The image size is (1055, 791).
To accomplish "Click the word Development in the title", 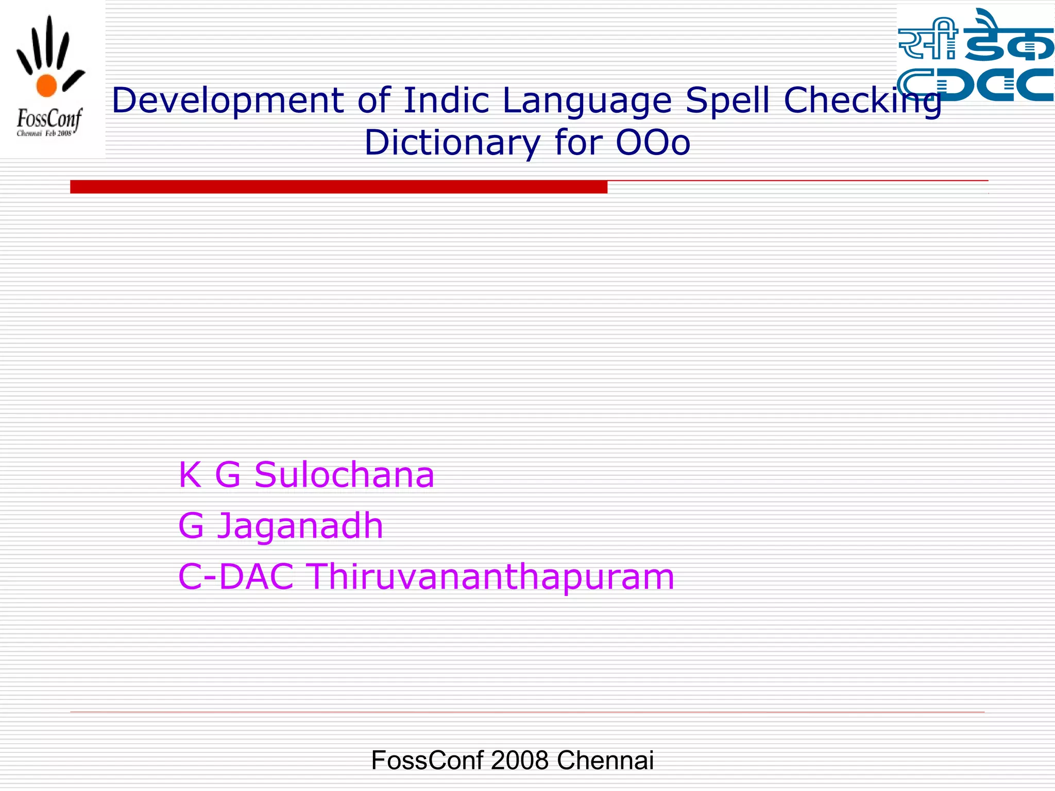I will click(227, 100).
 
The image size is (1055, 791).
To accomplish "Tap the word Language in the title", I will click(587, 100).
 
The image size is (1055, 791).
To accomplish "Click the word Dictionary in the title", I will click(452, 143).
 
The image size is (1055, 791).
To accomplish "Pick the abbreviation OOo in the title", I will click(653, 143).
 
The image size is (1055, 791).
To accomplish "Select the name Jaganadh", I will click(300, 526).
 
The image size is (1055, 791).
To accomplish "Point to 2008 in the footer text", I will click(520, 760).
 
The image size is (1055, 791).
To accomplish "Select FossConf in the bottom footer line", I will click(427, 760).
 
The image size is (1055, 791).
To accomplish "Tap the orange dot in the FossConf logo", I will click(46, 85).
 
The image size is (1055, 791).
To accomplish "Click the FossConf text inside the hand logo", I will click(49, 119).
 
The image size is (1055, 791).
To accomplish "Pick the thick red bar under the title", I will click(338, 187).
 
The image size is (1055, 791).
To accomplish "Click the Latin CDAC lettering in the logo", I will click(975, 84).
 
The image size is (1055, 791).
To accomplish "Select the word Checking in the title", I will click(862, 100).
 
